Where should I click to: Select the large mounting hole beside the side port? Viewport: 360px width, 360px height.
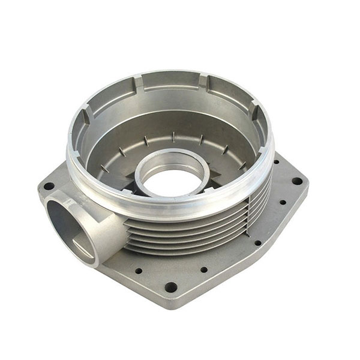click(x=49, y=186)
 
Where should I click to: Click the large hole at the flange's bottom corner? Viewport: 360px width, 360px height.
click(x=171, y=287)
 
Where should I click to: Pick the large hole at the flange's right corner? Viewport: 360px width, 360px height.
click(x=296, y=181)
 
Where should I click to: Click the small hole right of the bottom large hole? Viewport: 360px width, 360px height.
click(x=203, y=269)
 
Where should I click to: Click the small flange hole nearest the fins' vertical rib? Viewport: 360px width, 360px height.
click(x=257, y=243)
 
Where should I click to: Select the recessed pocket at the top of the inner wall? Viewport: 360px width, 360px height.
click(x=170, y=81)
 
